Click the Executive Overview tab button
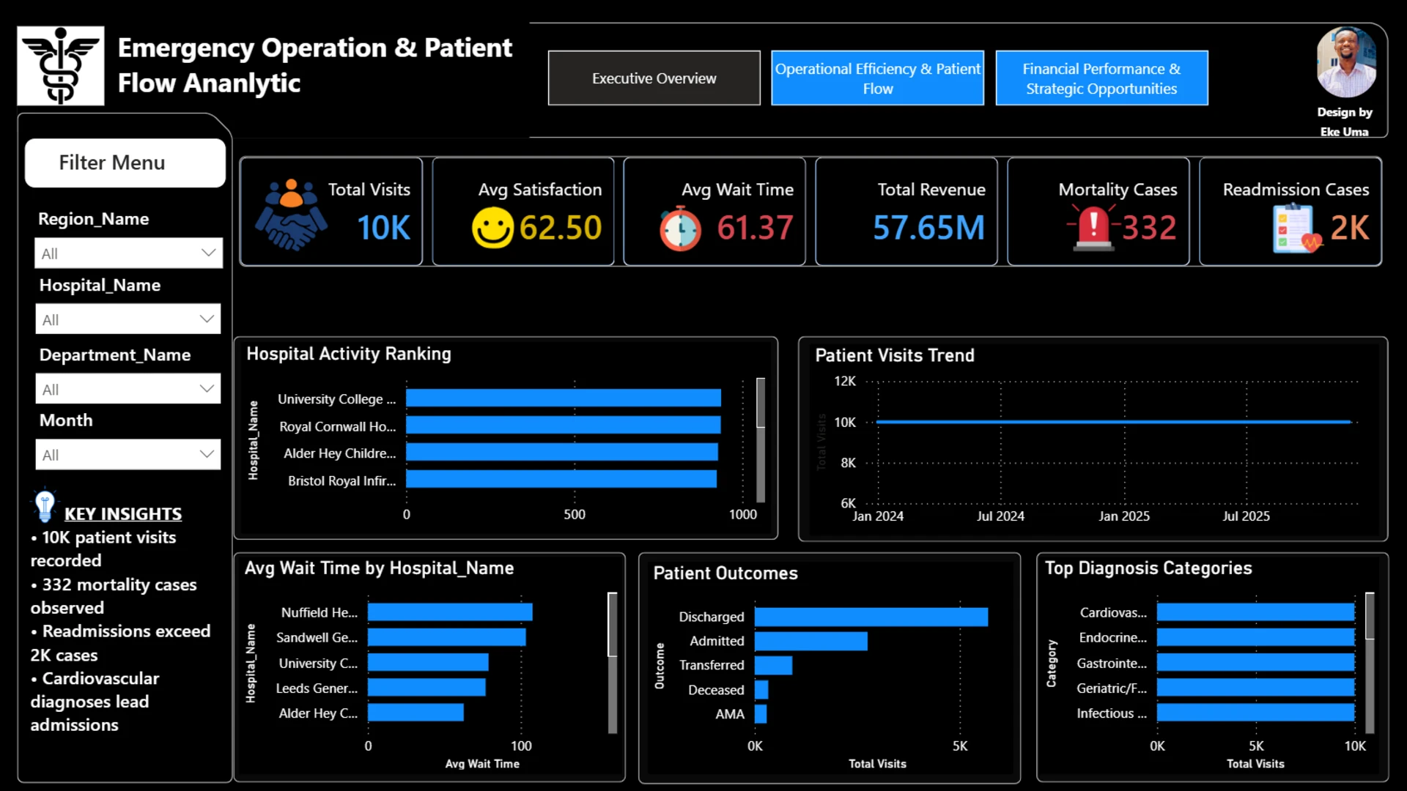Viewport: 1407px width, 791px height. click(654, 78)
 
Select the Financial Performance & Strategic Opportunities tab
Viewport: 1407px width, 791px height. click(1101, 78)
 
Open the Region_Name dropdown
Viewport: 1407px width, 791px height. click(128, 253)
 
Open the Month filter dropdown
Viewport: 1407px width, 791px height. click(128, 454)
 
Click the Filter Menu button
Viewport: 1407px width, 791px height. click(125, 163)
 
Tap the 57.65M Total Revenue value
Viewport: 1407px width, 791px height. click(928, 227)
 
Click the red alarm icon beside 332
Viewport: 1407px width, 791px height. click(1093, 228)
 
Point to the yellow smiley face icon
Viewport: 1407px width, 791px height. click(492, 228)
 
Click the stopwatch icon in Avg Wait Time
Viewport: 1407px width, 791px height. click(680, 229)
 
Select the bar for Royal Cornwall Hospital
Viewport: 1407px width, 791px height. click(563, 425)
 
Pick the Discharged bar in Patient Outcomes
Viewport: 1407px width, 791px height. click(871, 617)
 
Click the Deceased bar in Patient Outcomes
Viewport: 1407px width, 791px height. click(761, 689)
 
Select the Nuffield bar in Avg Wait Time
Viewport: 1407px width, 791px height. click(450, 612)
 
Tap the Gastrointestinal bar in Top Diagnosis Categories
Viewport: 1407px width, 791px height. click(1256, 663)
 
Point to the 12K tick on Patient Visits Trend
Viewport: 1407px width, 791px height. click(844, 381)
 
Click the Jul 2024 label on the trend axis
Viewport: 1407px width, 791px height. click(1000, 516)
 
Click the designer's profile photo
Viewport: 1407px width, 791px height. click(1346, 62)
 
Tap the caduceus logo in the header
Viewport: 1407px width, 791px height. click(61, 66)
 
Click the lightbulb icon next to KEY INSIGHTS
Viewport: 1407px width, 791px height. click(45, 505)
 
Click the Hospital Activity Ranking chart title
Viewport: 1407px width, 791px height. click(349, 354)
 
